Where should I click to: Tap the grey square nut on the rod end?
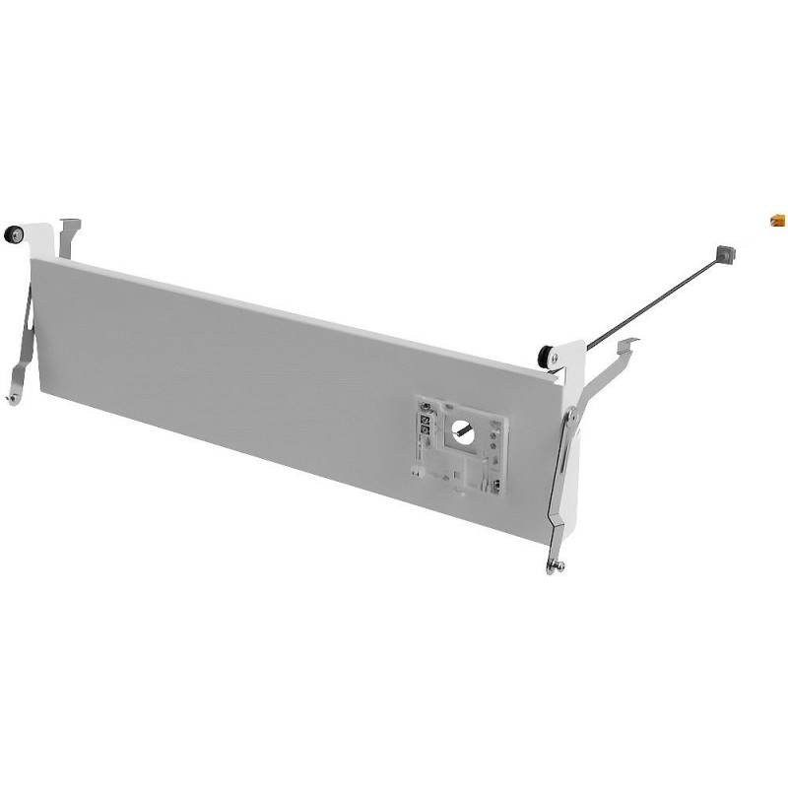pos(726,253)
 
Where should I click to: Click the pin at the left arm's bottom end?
pos(11,398)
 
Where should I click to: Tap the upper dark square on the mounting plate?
pos(426,419)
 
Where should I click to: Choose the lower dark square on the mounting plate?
pos(426,431)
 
